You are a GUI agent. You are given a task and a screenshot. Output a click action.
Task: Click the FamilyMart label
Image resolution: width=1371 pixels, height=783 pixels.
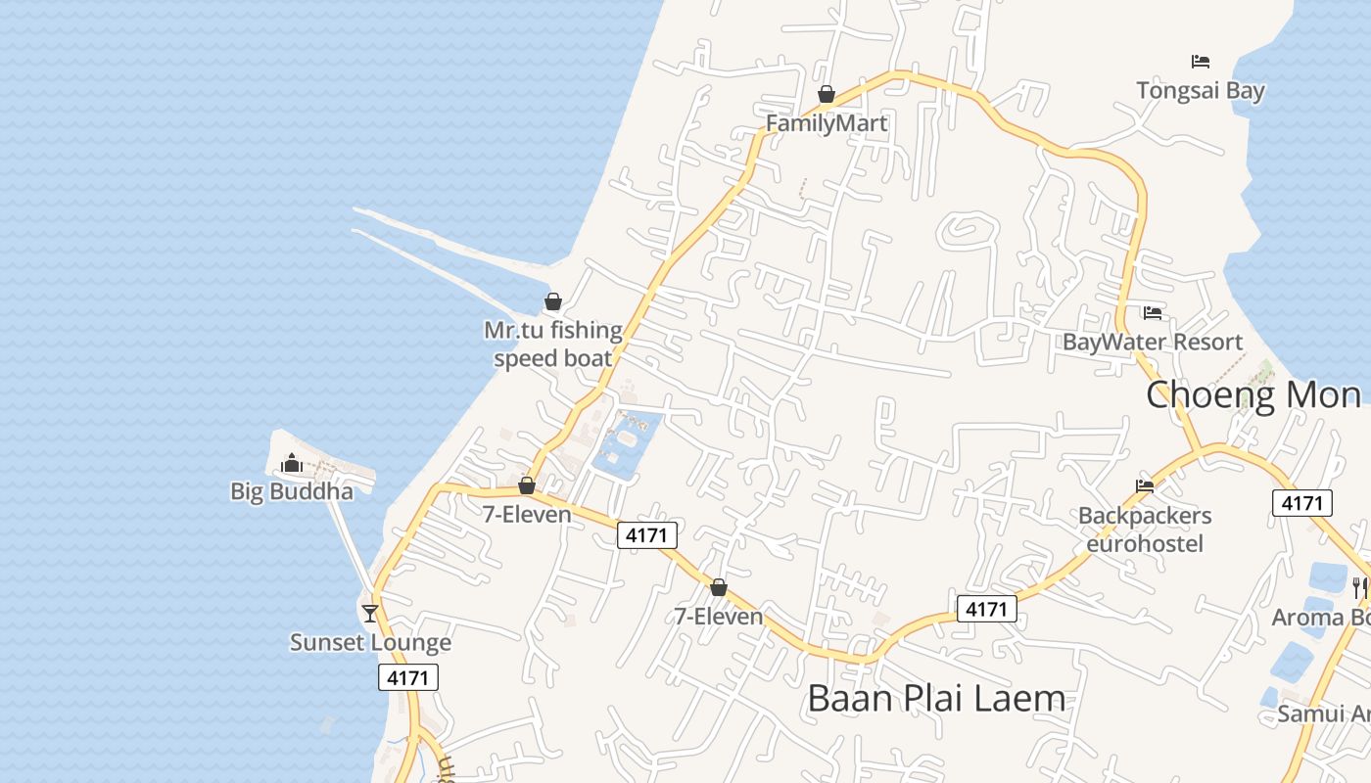coord(827,123)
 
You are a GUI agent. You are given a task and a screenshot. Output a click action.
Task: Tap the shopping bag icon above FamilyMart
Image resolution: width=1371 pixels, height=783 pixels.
coord(827,94)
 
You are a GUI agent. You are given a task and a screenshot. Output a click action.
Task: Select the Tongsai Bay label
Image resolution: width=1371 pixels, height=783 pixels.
coord(1201,91)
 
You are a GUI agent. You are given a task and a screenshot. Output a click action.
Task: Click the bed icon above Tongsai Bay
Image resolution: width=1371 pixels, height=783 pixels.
coord(1201,62)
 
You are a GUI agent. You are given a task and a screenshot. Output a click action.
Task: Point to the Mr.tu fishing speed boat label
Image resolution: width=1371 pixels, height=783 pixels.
coord(553,345)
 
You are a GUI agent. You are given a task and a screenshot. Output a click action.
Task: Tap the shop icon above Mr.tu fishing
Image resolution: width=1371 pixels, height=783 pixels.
coord(553,301)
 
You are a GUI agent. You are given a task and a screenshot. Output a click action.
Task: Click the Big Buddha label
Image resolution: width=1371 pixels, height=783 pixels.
coord(292,491)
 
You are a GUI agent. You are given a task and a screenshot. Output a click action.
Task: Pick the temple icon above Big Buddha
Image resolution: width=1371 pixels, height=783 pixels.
coord(292,463)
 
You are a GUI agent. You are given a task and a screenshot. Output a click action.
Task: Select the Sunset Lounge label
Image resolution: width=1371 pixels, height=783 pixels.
coord(370,643)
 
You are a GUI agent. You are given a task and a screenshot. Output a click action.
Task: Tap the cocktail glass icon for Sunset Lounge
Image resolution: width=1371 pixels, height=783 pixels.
coord(370,614)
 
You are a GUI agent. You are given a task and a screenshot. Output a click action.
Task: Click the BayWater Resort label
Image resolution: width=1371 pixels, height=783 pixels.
coord(1153,343)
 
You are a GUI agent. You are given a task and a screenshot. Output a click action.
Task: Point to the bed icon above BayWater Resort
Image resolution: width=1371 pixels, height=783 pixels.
coord(1153,313)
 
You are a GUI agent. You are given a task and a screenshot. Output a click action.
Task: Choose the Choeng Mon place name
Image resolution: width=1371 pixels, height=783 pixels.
coord(1253,395)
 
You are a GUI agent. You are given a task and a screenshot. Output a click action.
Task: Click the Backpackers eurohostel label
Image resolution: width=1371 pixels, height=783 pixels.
coord(1145,530)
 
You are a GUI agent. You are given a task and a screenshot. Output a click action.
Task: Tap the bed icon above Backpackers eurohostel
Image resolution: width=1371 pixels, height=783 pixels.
coord(1145,486)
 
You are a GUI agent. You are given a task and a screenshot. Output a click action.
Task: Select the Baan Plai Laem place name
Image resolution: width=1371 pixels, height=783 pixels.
coord(936,699)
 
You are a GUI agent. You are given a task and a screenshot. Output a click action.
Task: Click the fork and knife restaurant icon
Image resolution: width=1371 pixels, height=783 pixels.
coord(1360,587)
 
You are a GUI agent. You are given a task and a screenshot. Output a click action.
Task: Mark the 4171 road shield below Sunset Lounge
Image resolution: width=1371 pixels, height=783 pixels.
coord(408,677)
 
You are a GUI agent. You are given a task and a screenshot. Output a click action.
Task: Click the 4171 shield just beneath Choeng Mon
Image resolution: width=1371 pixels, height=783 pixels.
coord(1302,503)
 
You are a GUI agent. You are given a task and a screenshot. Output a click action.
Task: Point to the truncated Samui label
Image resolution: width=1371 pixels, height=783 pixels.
coord(1323,714)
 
